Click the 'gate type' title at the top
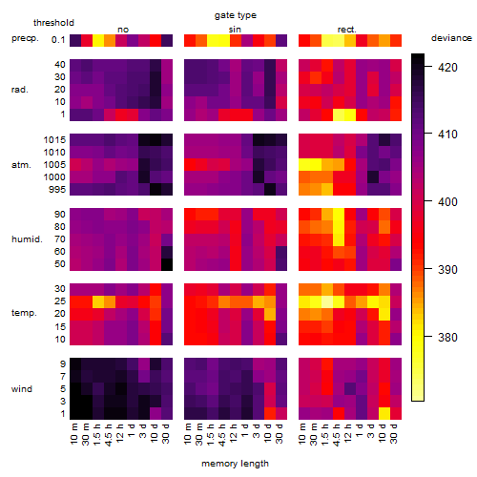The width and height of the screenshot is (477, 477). point(236,15)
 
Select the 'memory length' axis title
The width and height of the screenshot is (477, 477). point(235,464)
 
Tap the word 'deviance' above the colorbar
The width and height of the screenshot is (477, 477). point(451,38)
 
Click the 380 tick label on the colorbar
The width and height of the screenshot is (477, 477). point(447,337)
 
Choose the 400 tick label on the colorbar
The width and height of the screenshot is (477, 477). point(447,201)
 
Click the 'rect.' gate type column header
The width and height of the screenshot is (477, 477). point(346,30)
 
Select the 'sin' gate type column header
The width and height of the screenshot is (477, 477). point(235,30)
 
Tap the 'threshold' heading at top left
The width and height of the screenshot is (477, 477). point(53,23)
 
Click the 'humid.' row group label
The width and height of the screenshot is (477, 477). point(27,239)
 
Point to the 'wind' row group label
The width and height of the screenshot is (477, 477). point(22,389)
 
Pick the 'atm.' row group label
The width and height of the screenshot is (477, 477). point(21,165)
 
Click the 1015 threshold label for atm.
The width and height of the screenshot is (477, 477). point(54,140)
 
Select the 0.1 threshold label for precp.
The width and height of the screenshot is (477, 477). point(58,40)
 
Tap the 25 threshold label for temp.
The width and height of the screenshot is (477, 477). point(60,301)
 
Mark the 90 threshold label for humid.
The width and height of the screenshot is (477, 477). point(60,215)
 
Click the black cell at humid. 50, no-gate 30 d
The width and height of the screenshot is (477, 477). point(167,264)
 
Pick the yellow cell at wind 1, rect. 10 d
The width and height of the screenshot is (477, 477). point(384,413)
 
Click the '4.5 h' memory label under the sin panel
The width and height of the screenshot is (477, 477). point(222,435)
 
